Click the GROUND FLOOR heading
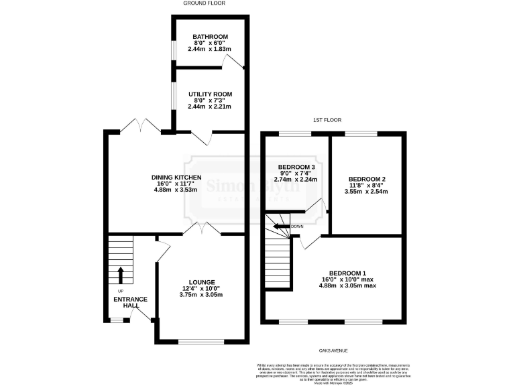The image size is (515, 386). click(205, 3)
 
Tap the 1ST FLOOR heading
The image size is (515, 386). click(327, 120)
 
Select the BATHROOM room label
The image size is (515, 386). click(210, 37)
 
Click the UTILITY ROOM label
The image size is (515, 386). click(210, 94)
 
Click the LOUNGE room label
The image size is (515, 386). click(202, 282)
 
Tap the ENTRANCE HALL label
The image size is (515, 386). click(130, 302)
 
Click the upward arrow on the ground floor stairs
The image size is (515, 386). click(121, 274)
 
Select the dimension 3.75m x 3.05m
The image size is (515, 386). click(202, 295)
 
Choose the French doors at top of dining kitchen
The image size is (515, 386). click(142, 125)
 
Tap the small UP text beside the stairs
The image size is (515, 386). click(121, 291)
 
